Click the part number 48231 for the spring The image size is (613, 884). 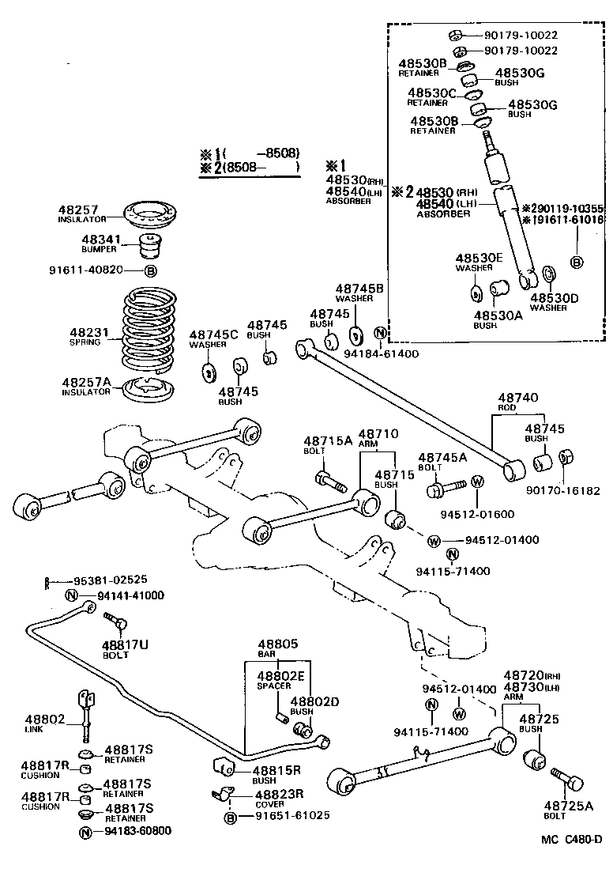[85, 333]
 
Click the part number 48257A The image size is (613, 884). [87, 383]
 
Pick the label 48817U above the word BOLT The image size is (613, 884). [124, 644]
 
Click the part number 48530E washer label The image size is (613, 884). [479, 258]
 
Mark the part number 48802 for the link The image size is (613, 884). [43, 719]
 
